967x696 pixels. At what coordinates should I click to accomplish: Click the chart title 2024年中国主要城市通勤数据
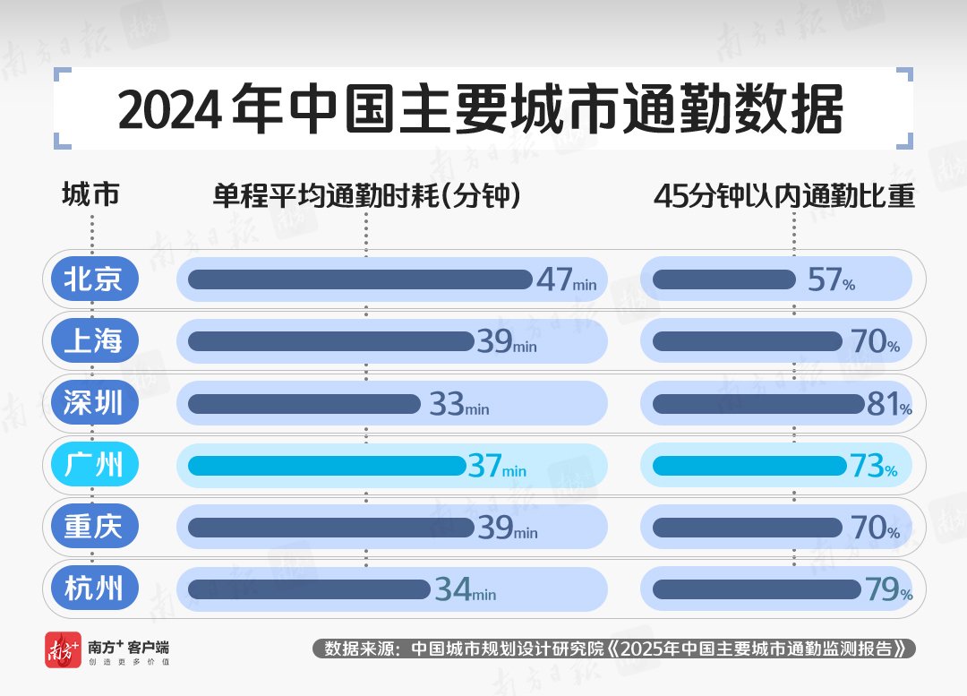(481, 110)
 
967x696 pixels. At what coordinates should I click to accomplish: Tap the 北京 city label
(92, 279)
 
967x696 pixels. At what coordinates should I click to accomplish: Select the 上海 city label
(92, 341)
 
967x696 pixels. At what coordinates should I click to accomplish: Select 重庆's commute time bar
(330, 528)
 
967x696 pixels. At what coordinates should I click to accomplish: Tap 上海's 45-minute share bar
(749, 341)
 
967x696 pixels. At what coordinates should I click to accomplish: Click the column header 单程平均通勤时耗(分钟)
(366, 195)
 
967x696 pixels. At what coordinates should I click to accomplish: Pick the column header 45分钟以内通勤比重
(783, 195)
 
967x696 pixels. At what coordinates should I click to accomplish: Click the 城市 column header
(90, 195)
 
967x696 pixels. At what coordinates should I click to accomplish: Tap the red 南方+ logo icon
(63, 650)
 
